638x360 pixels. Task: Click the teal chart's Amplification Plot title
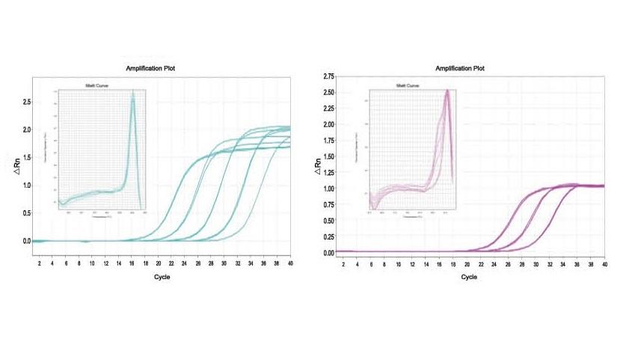coord(150,69)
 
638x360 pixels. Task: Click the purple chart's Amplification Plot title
coord(459,69)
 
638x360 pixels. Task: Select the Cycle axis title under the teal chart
coord(160,276)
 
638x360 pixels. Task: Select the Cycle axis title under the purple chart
coord(470,277)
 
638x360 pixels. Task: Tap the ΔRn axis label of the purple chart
coord(318,171)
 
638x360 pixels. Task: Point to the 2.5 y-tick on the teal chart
coord(26,102)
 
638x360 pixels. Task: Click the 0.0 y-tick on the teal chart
coord(26,241)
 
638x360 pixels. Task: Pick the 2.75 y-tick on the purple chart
coord(328,77)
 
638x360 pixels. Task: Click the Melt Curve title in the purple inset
coord(408,86)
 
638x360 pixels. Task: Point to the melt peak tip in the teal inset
coord(133,94)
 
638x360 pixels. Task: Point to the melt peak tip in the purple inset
coord(447,91)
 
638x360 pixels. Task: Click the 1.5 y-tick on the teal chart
coord(26,157)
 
